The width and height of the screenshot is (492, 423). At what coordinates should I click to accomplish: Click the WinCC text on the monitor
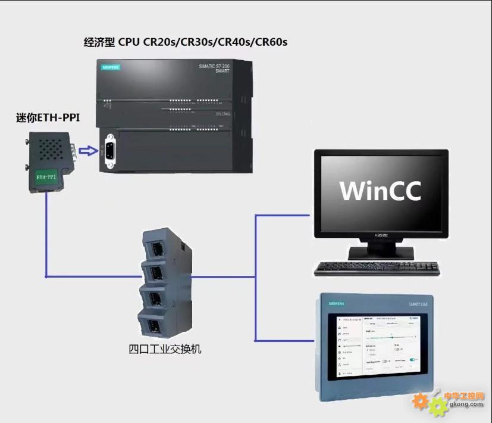click(x=381, y=190)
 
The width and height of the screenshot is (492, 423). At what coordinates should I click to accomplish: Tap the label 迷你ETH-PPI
click(x=48, y=118)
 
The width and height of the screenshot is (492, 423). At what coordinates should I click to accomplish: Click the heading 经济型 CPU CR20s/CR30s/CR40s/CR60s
click(x=186, y=42)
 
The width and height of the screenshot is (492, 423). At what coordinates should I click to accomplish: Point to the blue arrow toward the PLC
click(x=88, y=151)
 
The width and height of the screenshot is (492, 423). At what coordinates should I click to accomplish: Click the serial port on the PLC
click(x=109, y=151)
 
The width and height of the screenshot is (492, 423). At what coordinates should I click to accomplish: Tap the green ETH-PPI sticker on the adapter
click(x=46, y=177)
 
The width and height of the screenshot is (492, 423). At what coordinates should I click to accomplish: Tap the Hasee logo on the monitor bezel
click(x=381, y=236)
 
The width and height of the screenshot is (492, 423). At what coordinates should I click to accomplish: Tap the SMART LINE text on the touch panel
click(x=412, y=303)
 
